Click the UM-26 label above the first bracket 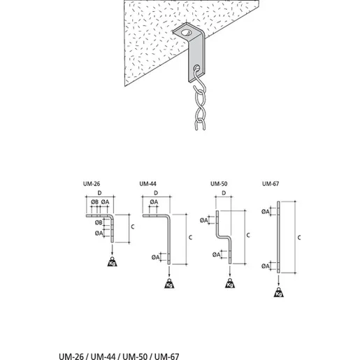92,184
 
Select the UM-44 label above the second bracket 148,184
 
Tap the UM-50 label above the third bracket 219,184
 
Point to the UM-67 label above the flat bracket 271,184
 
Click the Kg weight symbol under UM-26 112,262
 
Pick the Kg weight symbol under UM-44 169,283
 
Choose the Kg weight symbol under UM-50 230,283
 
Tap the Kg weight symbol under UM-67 279,292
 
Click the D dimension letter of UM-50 224,193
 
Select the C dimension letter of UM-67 299,238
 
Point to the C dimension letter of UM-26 133,226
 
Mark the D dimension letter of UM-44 156,193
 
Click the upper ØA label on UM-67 265,212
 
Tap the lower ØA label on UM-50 216,254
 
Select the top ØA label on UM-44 154,202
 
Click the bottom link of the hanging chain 200,124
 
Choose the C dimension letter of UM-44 190,238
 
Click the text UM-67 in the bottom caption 167,357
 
